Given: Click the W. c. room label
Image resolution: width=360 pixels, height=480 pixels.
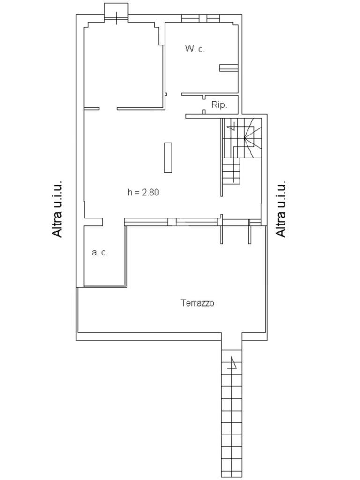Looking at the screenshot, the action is (195, 49).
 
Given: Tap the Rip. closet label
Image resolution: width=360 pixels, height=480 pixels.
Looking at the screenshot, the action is (219, 105).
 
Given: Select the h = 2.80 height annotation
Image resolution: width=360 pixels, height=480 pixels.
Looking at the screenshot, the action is (143, 192).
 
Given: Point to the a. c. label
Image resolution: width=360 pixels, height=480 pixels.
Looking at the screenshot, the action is (99, 252).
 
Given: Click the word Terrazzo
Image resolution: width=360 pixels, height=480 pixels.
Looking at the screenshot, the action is (197, 303).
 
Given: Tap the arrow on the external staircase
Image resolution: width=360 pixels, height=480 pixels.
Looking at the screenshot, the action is (232, 363).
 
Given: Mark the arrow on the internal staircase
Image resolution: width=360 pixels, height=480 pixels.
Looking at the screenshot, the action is (231, 125).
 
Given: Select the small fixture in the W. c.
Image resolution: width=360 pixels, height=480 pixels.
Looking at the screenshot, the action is (228, 68).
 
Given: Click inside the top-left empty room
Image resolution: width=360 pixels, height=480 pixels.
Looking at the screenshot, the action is (123, 66).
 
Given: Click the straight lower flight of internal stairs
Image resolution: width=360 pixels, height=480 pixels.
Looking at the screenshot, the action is (231, 171).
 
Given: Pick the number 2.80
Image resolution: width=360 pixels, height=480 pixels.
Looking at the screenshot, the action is (150, 192).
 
